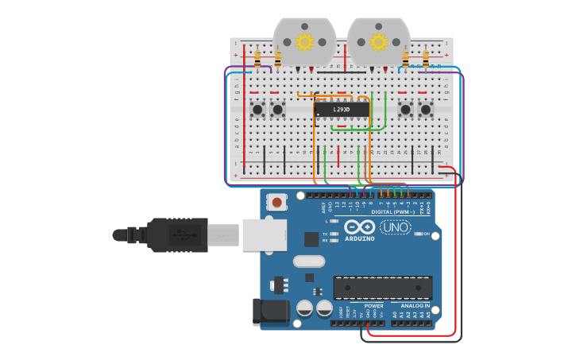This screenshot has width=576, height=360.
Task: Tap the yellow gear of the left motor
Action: coord(304,41)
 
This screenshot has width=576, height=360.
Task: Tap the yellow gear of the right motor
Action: coord(379,41)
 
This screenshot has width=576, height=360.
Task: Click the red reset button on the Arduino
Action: coord(276,203)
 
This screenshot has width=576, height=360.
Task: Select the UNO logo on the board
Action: coord(395,227)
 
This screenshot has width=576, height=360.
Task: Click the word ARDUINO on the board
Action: coord(359,238)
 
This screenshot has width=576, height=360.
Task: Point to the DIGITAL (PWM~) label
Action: coord(395,212)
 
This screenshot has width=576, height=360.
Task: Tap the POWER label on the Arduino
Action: coord(373,305)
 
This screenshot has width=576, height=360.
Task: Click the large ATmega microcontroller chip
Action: coord(383,287)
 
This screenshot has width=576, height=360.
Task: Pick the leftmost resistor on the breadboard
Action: coord(257,58)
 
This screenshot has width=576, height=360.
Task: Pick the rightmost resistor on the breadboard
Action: coord(426,58)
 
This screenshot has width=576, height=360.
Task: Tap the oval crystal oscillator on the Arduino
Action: coord(308,261)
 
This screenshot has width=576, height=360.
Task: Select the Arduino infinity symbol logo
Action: coord(359,226)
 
